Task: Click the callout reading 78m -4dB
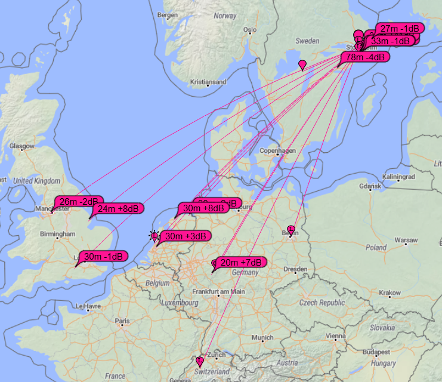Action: pyautogui.click(x=365, y=57)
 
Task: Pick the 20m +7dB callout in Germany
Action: pyautogui.click(x=240, y=262)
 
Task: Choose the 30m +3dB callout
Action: pyautogui.click(x=185, y=236)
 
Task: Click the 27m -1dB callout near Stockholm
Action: pyautogui.click(x=401, y=29)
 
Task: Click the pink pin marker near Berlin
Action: pyautogui.click(x=291, y=230)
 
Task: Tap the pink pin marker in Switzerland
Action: pyautogui.click(x=200, y=361)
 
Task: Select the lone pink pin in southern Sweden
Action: pyautogui.click(x=302, y=64)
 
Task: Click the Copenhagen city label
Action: pyautogui.click(x=278, y=151)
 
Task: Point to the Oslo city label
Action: pyautogui.click(x=249, y=29)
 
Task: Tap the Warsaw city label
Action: pyautogui.click(x=405, y=240)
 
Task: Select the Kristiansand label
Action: pyautogui.click(x=208, y=82)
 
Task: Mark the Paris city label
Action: pyautogui.click(x=122, y=321)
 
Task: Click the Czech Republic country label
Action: pyautogui.click(x=322, y=303)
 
